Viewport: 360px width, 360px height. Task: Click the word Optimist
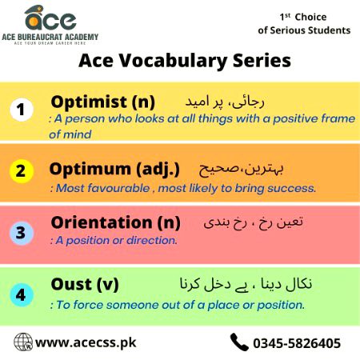pyautogui.click(x=86, y=102)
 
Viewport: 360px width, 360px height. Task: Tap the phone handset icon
pyautogui.click(x=238, y=342)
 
